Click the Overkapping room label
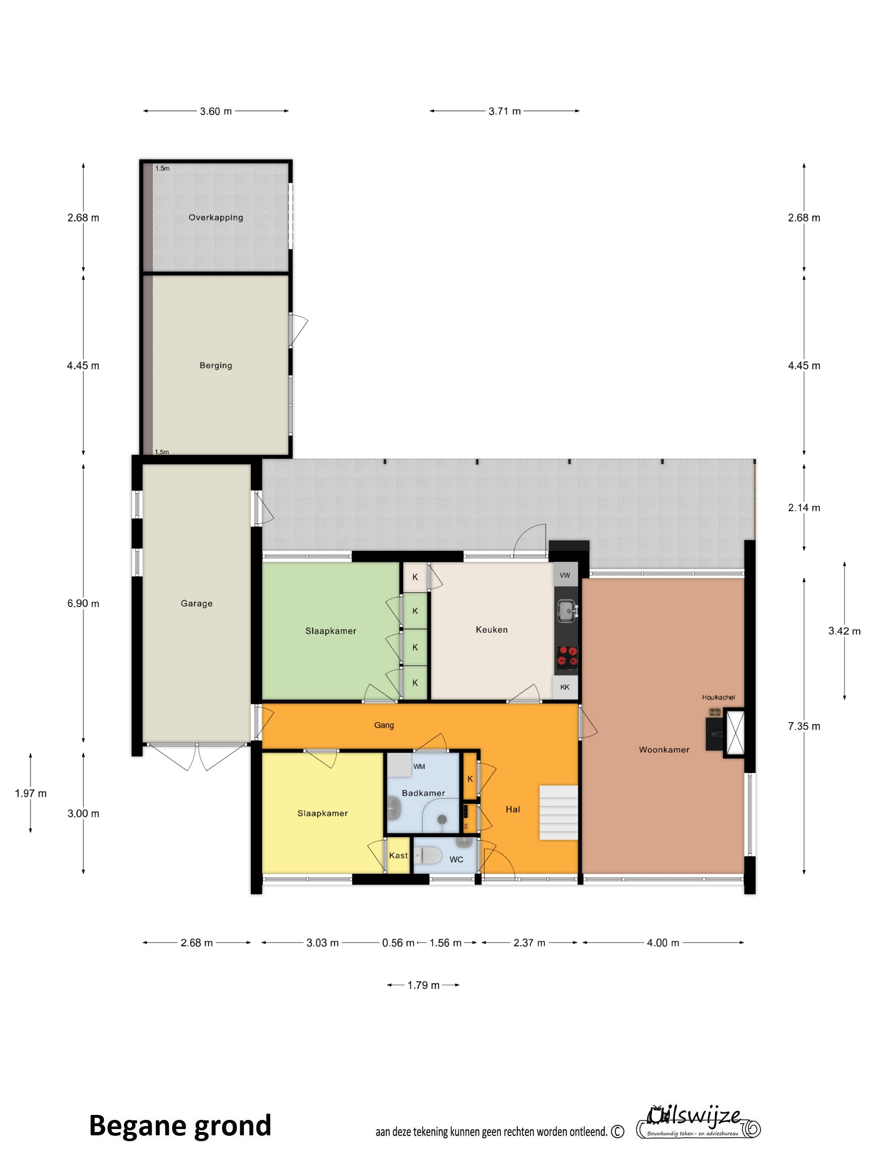216,218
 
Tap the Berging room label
216,365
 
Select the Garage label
196,603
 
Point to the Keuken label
491,630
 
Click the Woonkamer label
664,749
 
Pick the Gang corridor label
384,725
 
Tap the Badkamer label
423,793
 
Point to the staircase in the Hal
559,813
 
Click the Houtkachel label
719,697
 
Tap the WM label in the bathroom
419,766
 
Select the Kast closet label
398,856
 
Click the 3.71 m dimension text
505,111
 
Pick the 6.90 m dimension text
83,603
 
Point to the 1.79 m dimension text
423,985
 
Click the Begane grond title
180,1126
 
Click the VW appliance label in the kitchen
565,575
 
